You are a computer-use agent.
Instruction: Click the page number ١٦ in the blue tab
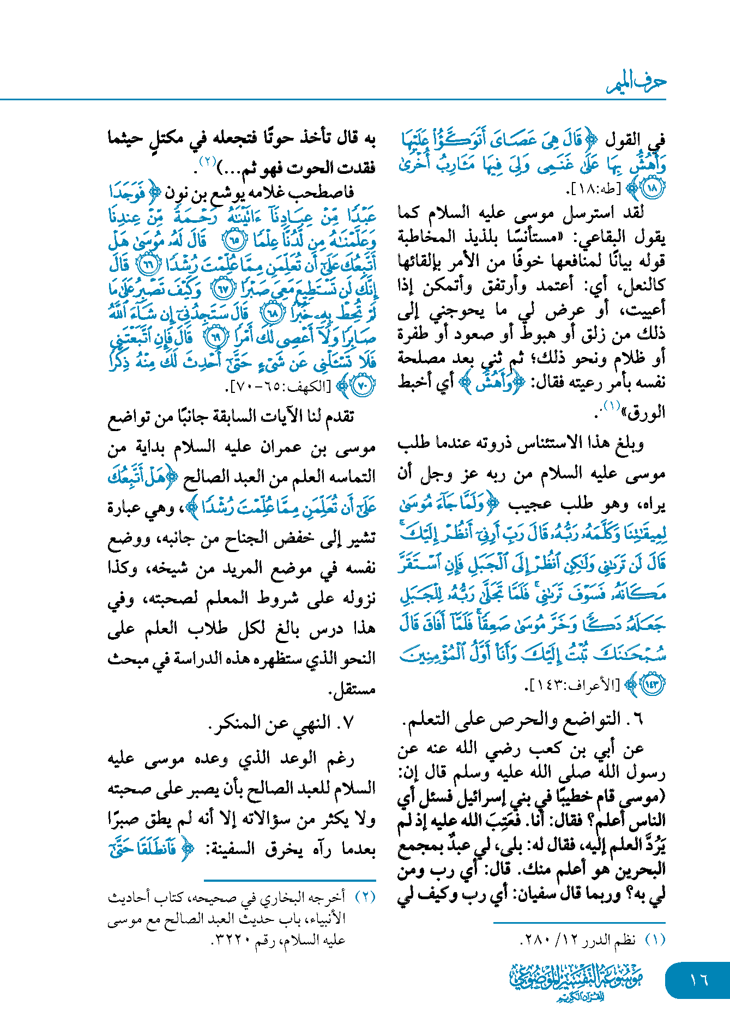(698, 980)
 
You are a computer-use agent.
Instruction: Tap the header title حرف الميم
(636, 83)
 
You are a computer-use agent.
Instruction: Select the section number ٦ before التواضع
(638, 719)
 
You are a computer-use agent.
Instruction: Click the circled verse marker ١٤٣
(652, 684)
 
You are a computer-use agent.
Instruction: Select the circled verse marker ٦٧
(223, 289)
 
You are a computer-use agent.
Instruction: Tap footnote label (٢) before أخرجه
(365, 896)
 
